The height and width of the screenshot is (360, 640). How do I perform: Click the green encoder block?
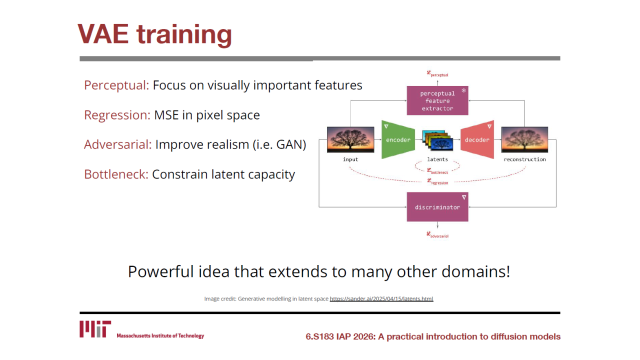point(398,139)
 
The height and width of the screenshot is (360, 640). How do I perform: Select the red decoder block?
point(477,139)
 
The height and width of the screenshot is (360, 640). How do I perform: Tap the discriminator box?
point(437,207)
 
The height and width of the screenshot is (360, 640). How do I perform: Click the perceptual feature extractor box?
point(437,100)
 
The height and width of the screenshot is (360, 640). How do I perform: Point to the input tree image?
point(350,139)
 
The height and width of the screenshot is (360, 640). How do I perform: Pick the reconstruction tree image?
point(524,139)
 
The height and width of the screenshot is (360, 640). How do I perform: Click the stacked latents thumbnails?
point(437,140)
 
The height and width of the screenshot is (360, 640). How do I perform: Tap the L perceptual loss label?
point(437,74)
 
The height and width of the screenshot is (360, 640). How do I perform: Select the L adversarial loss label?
point(437,235)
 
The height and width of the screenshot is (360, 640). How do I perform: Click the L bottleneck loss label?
point(437,171)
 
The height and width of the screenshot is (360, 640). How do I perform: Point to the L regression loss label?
point(437,181)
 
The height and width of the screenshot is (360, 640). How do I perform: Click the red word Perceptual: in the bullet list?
point(116,85)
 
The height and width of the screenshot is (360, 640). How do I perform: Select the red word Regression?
point(117,115)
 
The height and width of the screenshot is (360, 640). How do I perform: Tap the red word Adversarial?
point(117,144)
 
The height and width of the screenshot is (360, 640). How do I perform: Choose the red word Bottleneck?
point(116,174)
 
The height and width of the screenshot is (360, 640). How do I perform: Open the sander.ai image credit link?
point(381,299)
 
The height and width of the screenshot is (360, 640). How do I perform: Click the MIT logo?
point(95,329)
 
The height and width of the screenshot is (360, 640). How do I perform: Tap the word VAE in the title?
point(103,34)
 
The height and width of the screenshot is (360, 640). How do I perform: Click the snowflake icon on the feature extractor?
point(463,90)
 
